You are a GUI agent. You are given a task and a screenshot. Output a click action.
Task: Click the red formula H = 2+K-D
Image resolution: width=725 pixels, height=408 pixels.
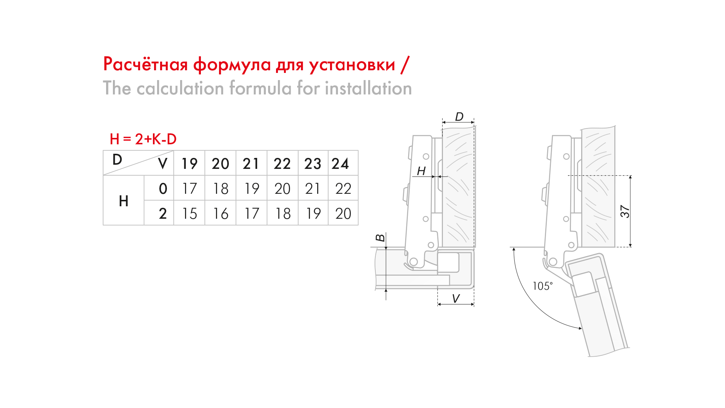(x=143, y=139)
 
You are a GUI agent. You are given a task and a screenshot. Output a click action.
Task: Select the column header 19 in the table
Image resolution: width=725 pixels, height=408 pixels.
(x=190, y=164)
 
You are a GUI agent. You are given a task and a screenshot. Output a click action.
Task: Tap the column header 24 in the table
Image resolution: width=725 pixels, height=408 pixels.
(x=340, y=164)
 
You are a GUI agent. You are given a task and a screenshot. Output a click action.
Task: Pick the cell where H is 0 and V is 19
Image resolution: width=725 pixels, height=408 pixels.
(x=190, y=189)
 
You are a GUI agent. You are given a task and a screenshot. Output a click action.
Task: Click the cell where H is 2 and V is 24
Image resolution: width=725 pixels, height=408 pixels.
(x=343, y=213)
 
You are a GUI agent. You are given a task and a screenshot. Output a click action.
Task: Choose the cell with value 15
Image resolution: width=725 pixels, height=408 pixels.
(x=190, y=213)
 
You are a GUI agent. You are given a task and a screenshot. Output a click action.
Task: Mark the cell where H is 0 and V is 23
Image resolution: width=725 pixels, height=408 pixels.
(x=313, y=189)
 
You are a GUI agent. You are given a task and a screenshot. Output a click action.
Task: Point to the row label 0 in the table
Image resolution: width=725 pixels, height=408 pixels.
(x=163, y=189)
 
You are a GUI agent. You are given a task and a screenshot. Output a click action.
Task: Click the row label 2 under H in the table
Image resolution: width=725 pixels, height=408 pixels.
(x=163, y=213)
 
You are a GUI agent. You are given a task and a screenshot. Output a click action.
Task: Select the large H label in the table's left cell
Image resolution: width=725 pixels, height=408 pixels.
(x=123, y=201)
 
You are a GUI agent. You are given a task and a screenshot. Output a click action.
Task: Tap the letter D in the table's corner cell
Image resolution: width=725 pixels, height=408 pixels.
(x=117, y=159)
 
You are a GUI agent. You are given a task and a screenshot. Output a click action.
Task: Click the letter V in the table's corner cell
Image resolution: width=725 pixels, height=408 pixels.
(x=163, y=164)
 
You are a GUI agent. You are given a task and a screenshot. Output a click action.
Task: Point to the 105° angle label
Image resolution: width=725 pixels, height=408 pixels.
(x=543, y=286)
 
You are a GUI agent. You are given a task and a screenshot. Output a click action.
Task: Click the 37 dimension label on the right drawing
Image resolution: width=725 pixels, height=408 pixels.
(x=625, y=212)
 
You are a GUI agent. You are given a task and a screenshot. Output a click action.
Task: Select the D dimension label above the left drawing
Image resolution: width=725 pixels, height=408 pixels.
(x=459, y=116)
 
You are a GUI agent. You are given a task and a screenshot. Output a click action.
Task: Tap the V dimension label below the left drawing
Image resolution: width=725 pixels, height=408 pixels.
(x=456, y=298)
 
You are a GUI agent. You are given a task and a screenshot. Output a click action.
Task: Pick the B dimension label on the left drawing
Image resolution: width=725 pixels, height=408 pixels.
(x=380, y=238)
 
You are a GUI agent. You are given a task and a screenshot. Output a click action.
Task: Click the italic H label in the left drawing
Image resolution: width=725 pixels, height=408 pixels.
(x=421, y=171)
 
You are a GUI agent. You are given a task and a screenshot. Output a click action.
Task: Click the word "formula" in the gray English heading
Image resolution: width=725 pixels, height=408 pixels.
(x=261, y=88)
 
